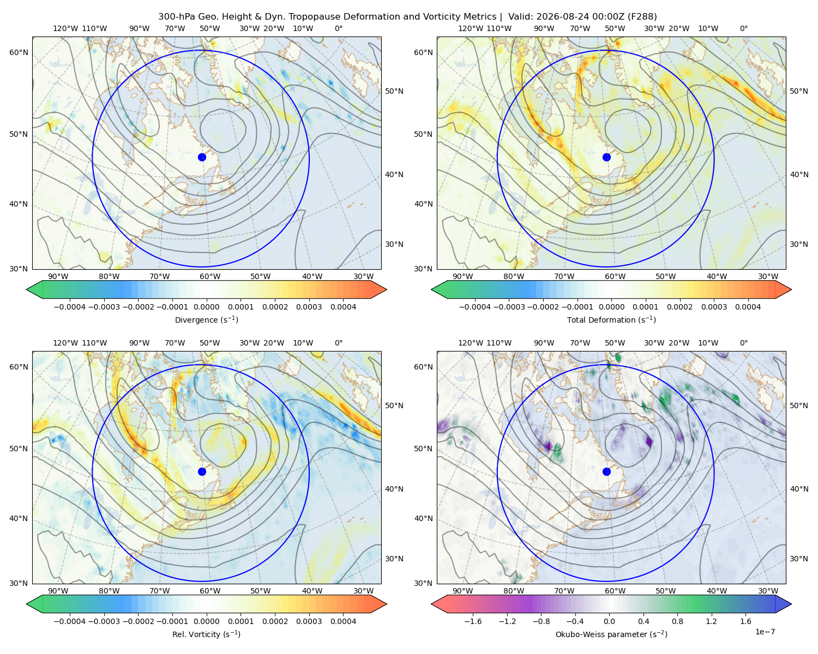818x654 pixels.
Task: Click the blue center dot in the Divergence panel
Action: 202,158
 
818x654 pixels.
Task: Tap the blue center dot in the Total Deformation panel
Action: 606,158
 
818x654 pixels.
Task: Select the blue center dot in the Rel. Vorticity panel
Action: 202,471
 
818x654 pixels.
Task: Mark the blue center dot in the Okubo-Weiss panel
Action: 606,471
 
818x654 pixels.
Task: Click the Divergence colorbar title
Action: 206,319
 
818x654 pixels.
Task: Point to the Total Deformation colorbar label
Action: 611,319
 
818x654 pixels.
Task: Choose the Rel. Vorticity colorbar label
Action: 206,634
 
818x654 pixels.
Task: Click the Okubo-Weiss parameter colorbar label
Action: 611,634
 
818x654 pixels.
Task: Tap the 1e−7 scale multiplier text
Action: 765,632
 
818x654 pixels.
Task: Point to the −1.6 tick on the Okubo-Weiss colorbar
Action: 473,621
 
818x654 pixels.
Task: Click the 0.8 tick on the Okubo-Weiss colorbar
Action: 677,621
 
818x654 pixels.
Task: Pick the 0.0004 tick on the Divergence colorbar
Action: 343,307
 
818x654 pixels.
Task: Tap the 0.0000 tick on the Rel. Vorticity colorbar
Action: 206,621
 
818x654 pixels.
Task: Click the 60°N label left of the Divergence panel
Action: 19,52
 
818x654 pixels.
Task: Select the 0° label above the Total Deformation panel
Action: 743,28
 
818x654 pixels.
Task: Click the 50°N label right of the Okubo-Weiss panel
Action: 798,405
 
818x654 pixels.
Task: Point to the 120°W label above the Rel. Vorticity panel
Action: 65,343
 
